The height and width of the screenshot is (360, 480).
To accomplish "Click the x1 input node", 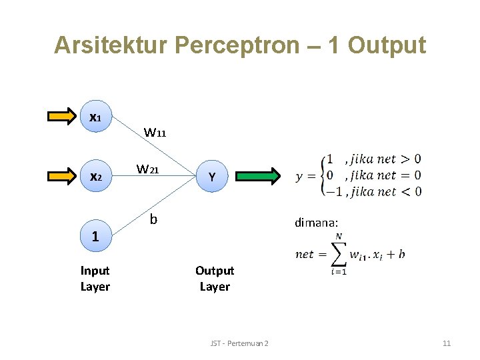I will point(95,117).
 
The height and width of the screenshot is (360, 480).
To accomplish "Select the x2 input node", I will point(95,177).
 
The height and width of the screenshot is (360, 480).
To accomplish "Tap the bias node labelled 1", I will point(95,236).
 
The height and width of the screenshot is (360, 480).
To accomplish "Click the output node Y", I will point(211,177).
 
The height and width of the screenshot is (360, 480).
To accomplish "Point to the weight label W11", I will point(155,132).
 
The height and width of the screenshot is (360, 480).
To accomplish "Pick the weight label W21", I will point(147,169).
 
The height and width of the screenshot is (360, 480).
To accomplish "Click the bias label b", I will point(153,219).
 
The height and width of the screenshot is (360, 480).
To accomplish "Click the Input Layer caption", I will point(95,279).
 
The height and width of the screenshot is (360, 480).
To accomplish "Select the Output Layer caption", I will point(214,279).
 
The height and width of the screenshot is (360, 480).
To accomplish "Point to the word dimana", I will point(316,223).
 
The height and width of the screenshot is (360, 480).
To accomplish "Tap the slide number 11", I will point(446,343).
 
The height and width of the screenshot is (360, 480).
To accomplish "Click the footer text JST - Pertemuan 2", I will point(239,343).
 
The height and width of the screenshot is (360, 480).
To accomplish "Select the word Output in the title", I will point(387,45).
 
